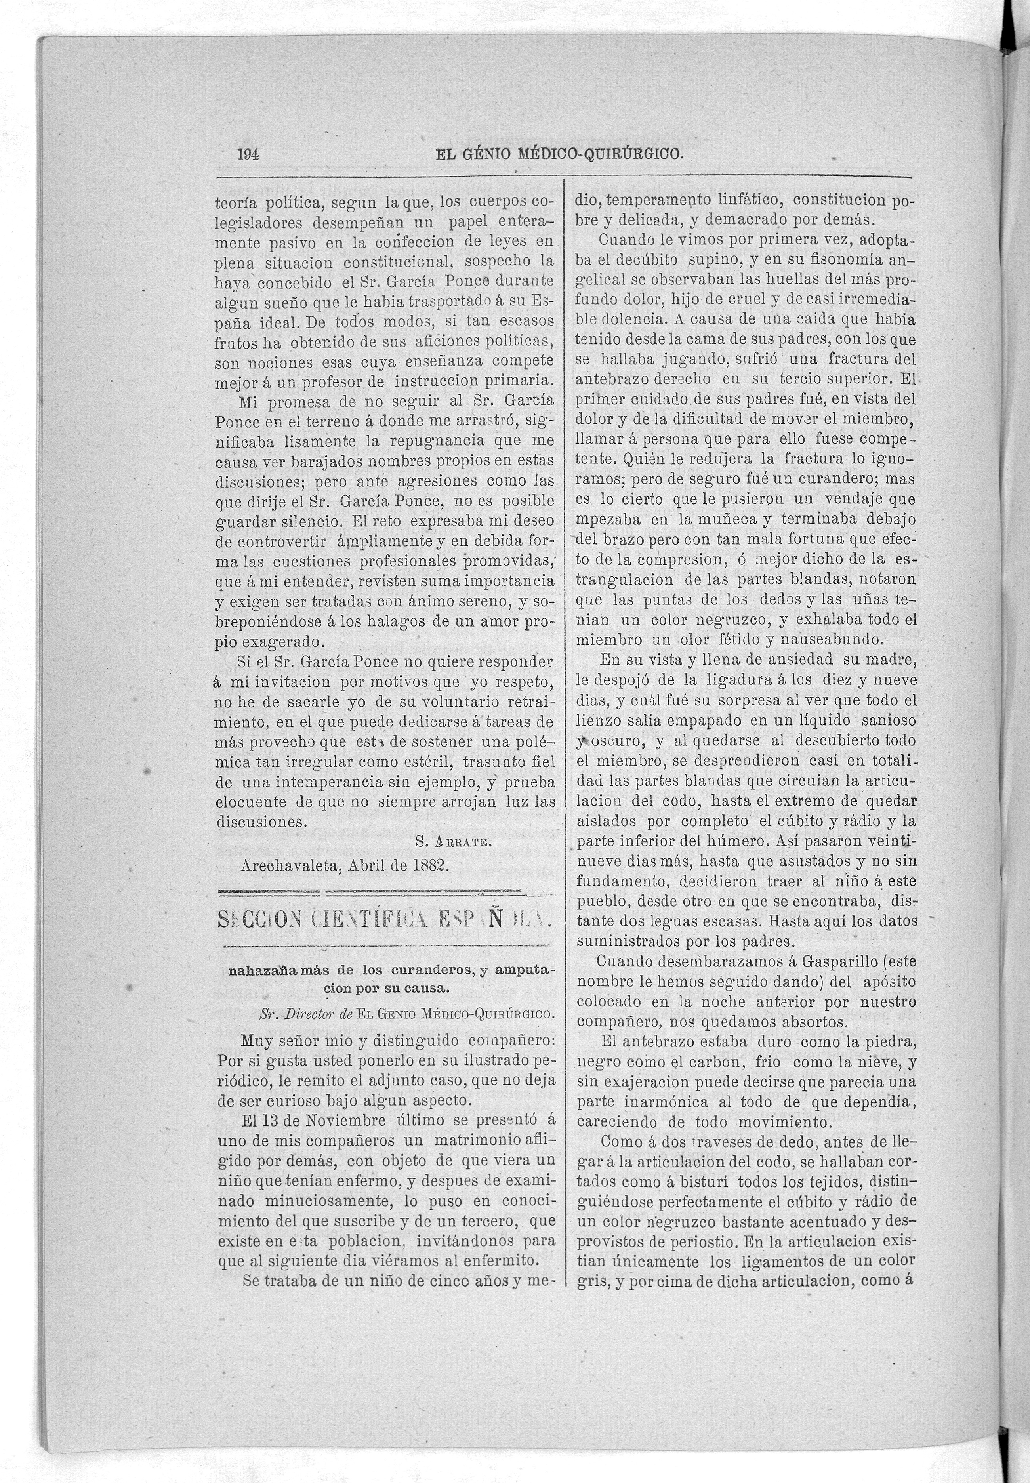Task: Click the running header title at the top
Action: coord(559,155)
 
